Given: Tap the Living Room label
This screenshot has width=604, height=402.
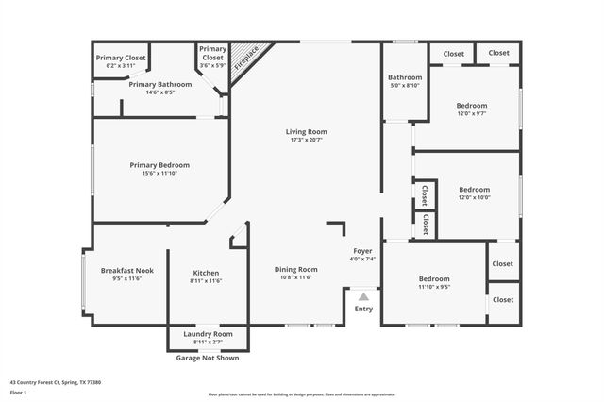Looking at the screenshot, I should pyautogui.click(x=307, y=131).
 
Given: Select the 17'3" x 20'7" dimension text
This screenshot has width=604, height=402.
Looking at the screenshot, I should pyautogui.click(x=307, y=140).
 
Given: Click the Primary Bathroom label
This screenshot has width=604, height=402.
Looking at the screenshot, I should pyautogui.click(x=160, y=84).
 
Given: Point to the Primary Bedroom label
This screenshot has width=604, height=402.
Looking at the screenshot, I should pyautogui.click(x=159, y=165).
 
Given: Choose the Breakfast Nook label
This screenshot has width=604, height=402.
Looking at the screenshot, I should pyautogui.click(x=126, y=270).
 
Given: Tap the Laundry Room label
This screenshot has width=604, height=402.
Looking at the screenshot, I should pyautogui.click(x=207, y=334).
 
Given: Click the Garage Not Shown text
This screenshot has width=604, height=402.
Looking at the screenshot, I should pyautogui.click(x=208, y=358).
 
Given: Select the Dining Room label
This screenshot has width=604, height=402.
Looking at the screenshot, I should pyautogui.click(x=296, y=269).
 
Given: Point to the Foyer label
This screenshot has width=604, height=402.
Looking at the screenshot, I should pyautogui.click(x=362, y=251).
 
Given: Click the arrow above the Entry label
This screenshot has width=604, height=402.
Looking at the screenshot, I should pyautogui.click(x=363, y=296).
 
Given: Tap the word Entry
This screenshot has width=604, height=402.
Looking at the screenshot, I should pyautogui.click(x=363, y=309).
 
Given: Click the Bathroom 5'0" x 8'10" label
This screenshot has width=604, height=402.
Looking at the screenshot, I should pyautogui.click(x=404, y=77).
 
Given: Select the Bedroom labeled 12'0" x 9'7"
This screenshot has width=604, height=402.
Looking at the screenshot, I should pyautogui.click(x=472, y=105).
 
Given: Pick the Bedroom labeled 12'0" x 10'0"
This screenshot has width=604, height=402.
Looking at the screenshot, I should pyautogui.click(x=474, y=189).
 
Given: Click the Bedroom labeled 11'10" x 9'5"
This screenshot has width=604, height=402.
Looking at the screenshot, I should pyautogui.click(x=434, y=278).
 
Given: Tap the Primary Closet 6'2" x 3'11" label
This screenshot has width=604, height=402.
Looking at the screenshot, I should pyautogui.click(x=121, y=58).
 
